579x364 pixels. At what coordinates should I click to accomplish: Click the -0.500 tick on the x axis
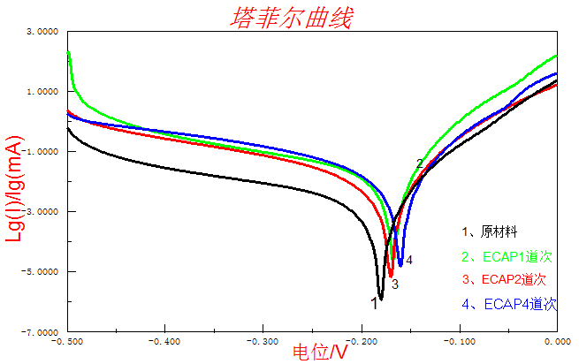68,340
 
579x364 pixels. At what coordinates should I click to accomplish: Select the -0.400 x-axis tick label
166,340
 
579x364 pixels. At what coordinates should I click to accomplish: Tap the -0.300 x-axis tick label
263,340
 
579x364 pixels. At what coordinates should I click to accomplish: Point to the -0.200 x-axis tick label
362,340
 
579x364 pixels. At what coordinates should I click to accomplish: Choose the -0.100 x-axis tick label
459,340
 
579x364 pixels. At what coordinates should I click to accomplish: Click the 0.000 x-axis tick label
556,340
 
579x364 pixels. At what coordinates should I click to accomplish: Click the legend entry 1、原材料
492,232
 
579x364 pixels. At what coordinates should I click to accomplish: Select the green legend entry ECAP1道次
507,257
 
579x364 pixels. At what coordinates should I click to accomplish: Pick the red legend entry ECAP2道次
507,280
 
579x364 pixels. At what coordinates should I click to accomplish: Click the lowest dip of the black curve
381,298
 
